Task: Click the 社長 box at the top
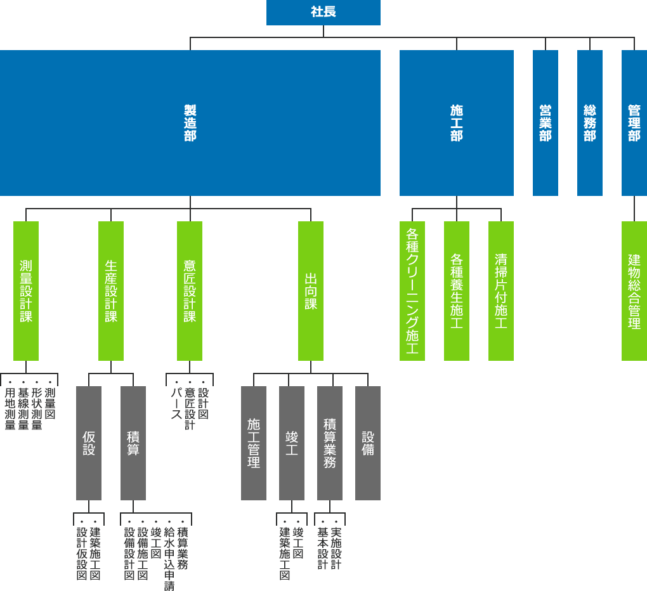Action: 323,12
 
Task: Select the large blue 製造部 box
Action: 190,123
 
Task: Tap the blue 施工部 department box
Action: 457,123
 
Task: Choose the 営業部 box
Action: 546,123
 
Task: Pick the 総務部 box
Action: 590,123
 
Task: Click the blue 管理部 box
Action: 634,123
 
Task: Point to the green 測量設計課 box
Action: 26,291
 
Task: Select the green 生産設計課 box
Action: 111,291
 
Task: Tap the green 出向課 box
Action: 311,291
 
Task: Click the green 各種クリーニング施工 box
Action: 412,291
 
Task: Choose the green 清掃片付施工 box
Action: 501,291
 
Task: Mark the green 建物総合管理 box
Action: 634,291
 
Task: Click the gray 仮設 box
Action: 89,443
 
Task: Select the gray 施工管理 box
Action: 254,443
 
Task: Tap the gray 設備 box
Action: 368,443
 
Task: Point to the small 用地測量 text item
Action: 10,409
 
